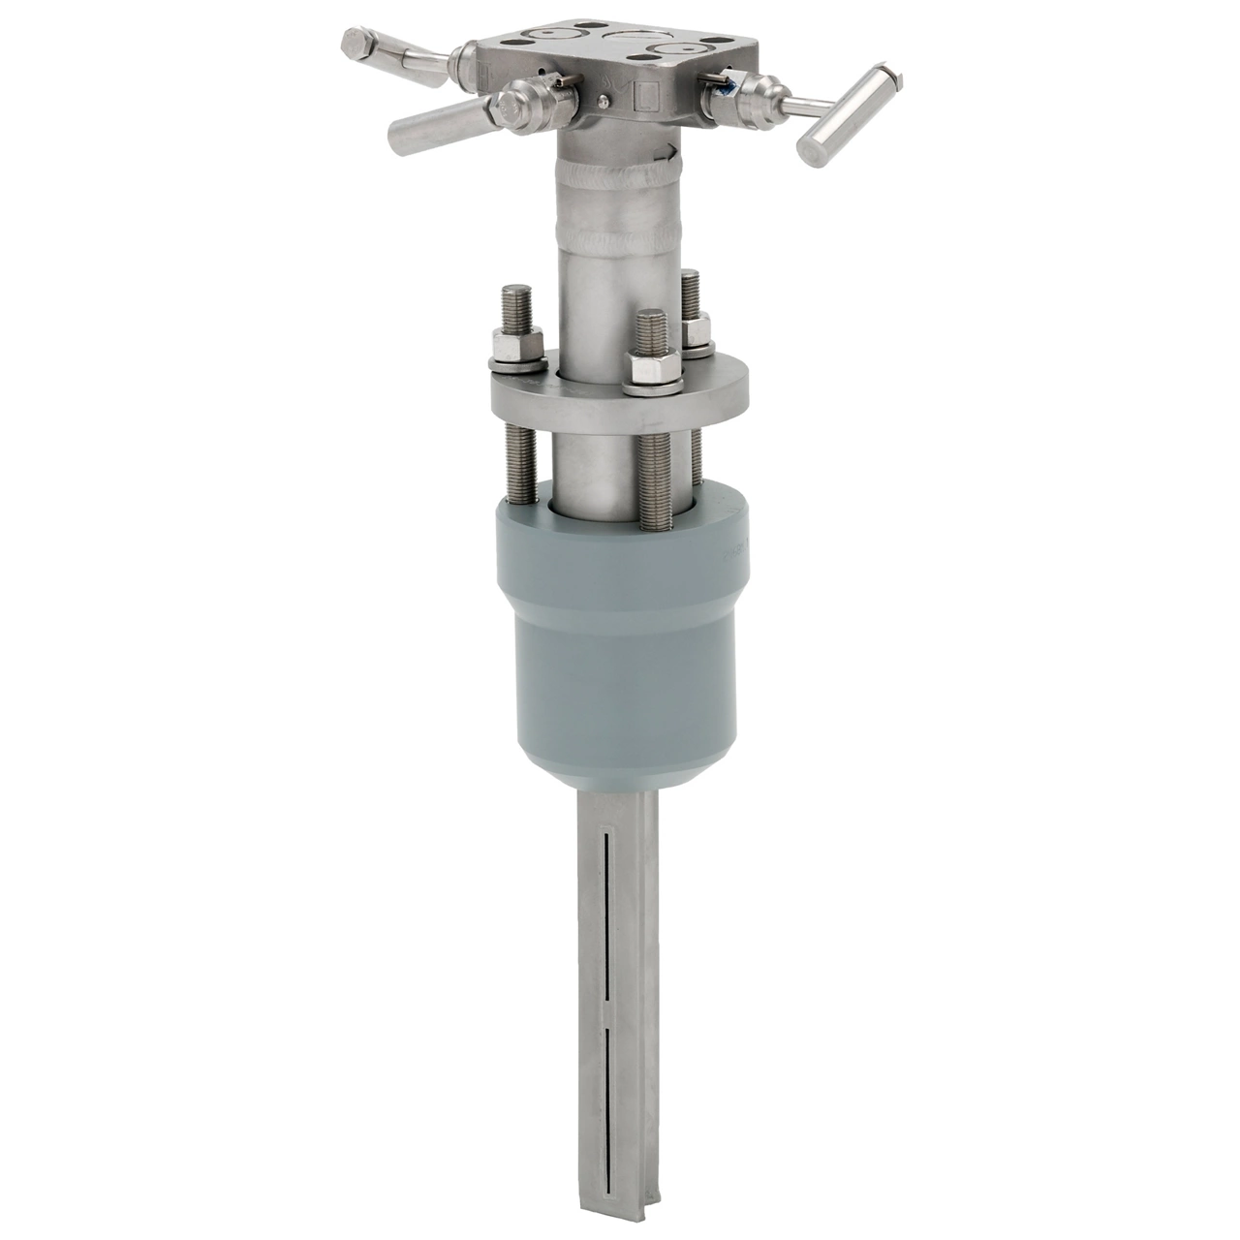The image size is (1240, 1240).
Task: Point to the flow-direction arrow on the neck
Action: [x=666, y=152]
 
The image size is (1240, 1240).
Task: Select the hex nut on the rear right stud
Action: [x=697, y=330]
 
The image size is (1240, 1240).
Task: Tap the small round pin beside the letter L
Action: [x=604, y=102]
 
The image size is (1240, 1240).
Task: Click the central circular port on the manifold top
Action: [x=620, y=39]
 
